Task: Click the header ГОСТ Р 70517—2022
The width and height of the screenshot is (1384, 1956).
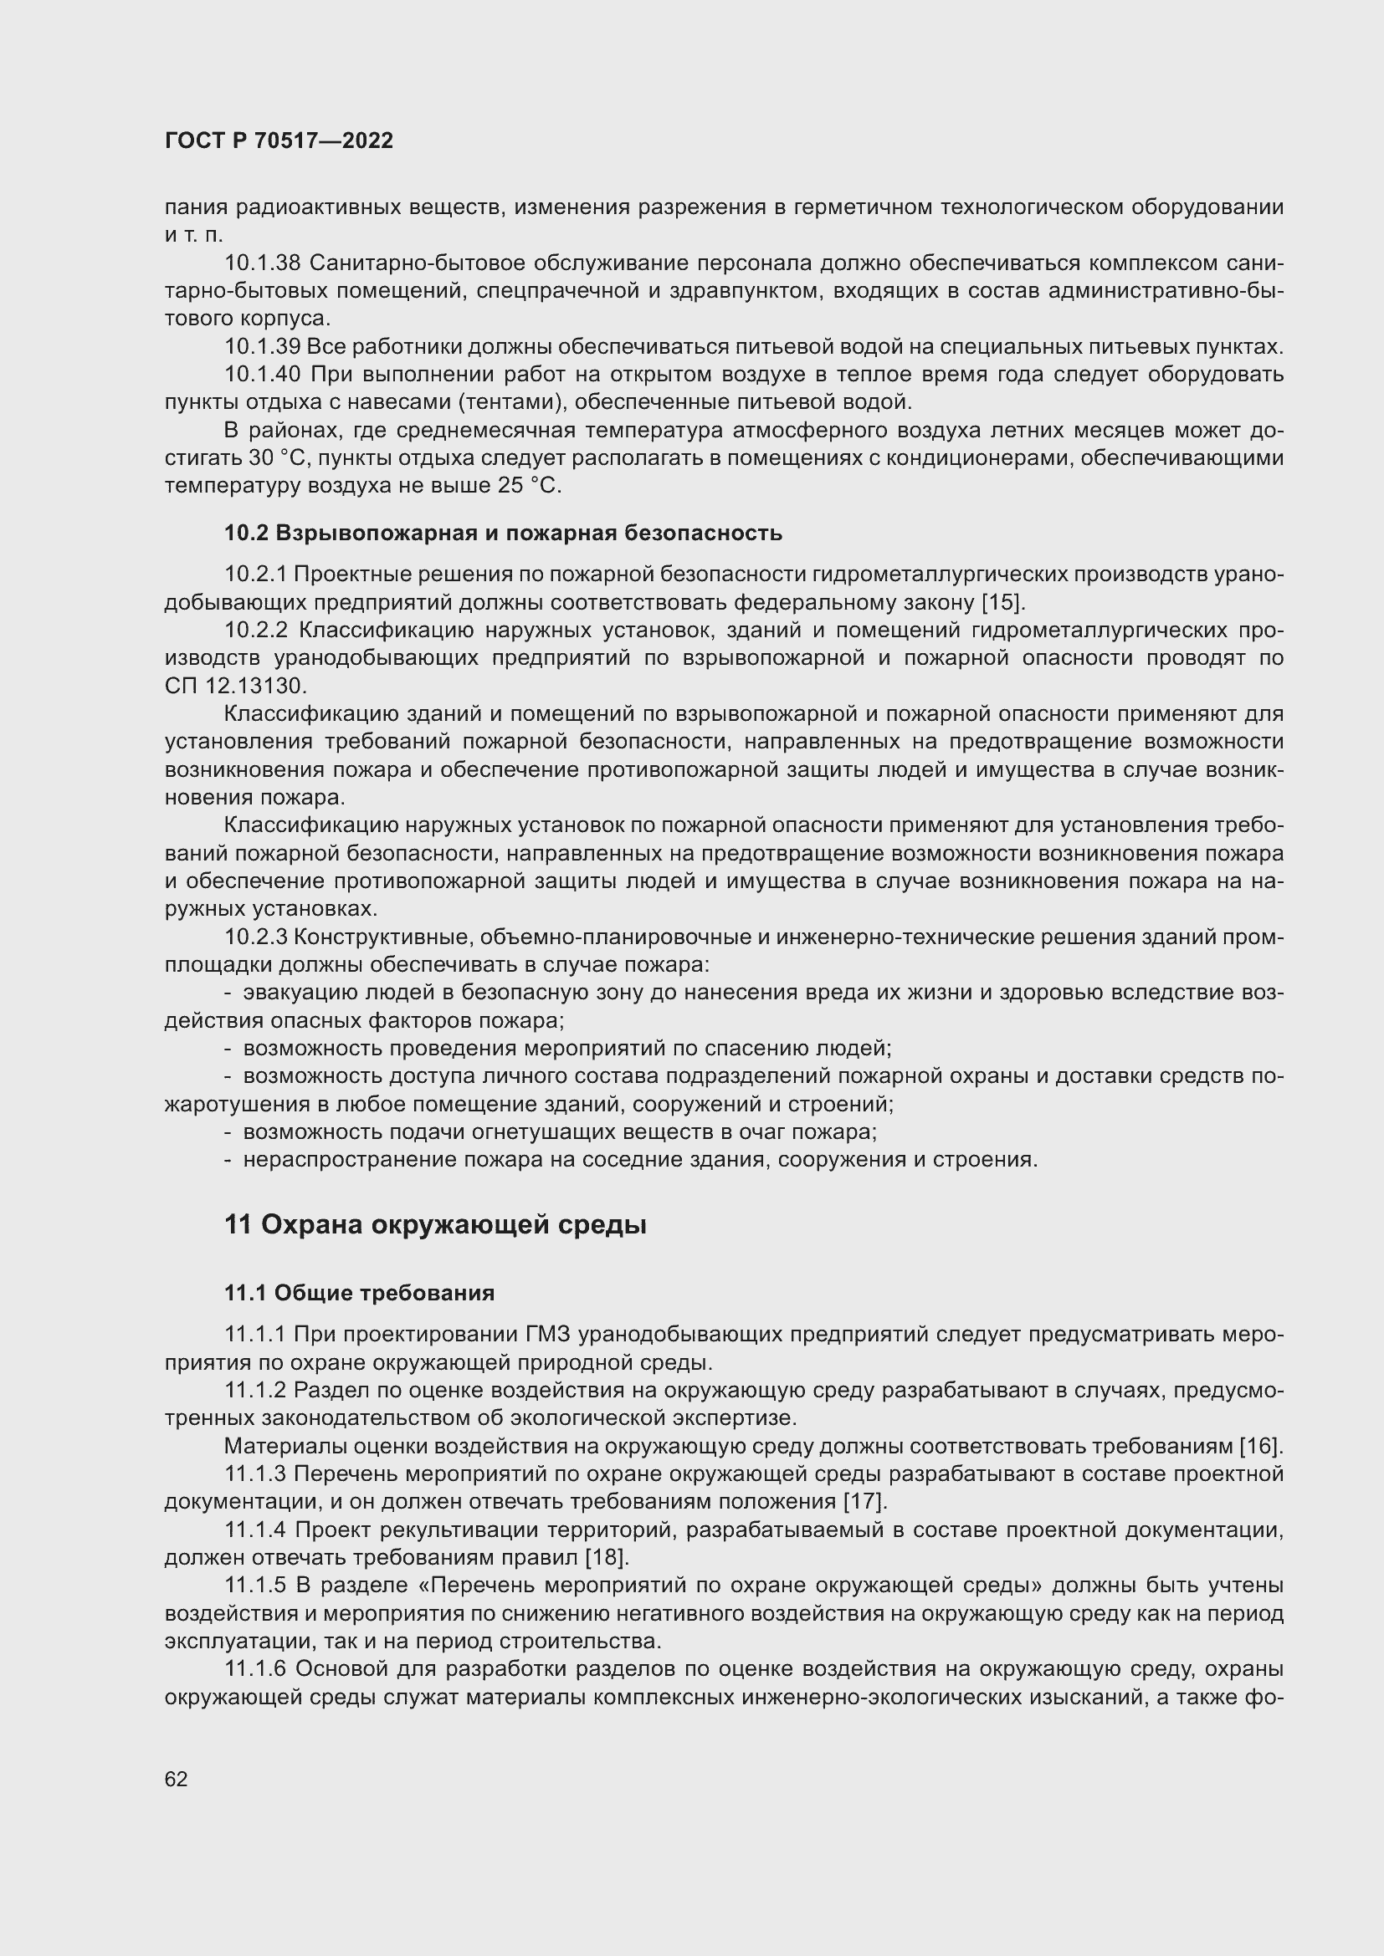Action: point(279,141)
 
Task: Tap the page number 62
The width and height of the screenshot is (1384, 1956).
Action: point(176,1779)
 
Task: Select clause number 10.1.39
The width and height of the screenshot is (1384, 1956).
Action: point(263,347)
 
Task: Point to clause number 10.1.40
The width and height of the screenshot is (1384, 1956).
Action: point(263,374)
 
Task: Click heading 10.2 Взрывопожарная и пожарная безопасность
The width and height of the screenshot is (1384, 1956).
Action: point(503,534)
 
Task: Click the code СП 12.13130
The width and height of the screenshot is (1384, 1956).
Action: point(235,686)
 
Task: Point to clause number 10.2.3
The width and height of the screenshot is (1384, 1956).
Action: point(256,937)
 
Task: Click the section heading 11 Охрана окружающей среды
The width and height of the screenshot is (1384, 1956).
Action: point(434,1225)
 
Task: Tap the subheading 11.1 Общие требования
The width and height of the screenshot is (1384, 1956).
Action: point(359,1293)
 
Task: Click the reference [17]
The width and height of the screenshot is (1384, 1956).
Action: point(864,1501)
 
